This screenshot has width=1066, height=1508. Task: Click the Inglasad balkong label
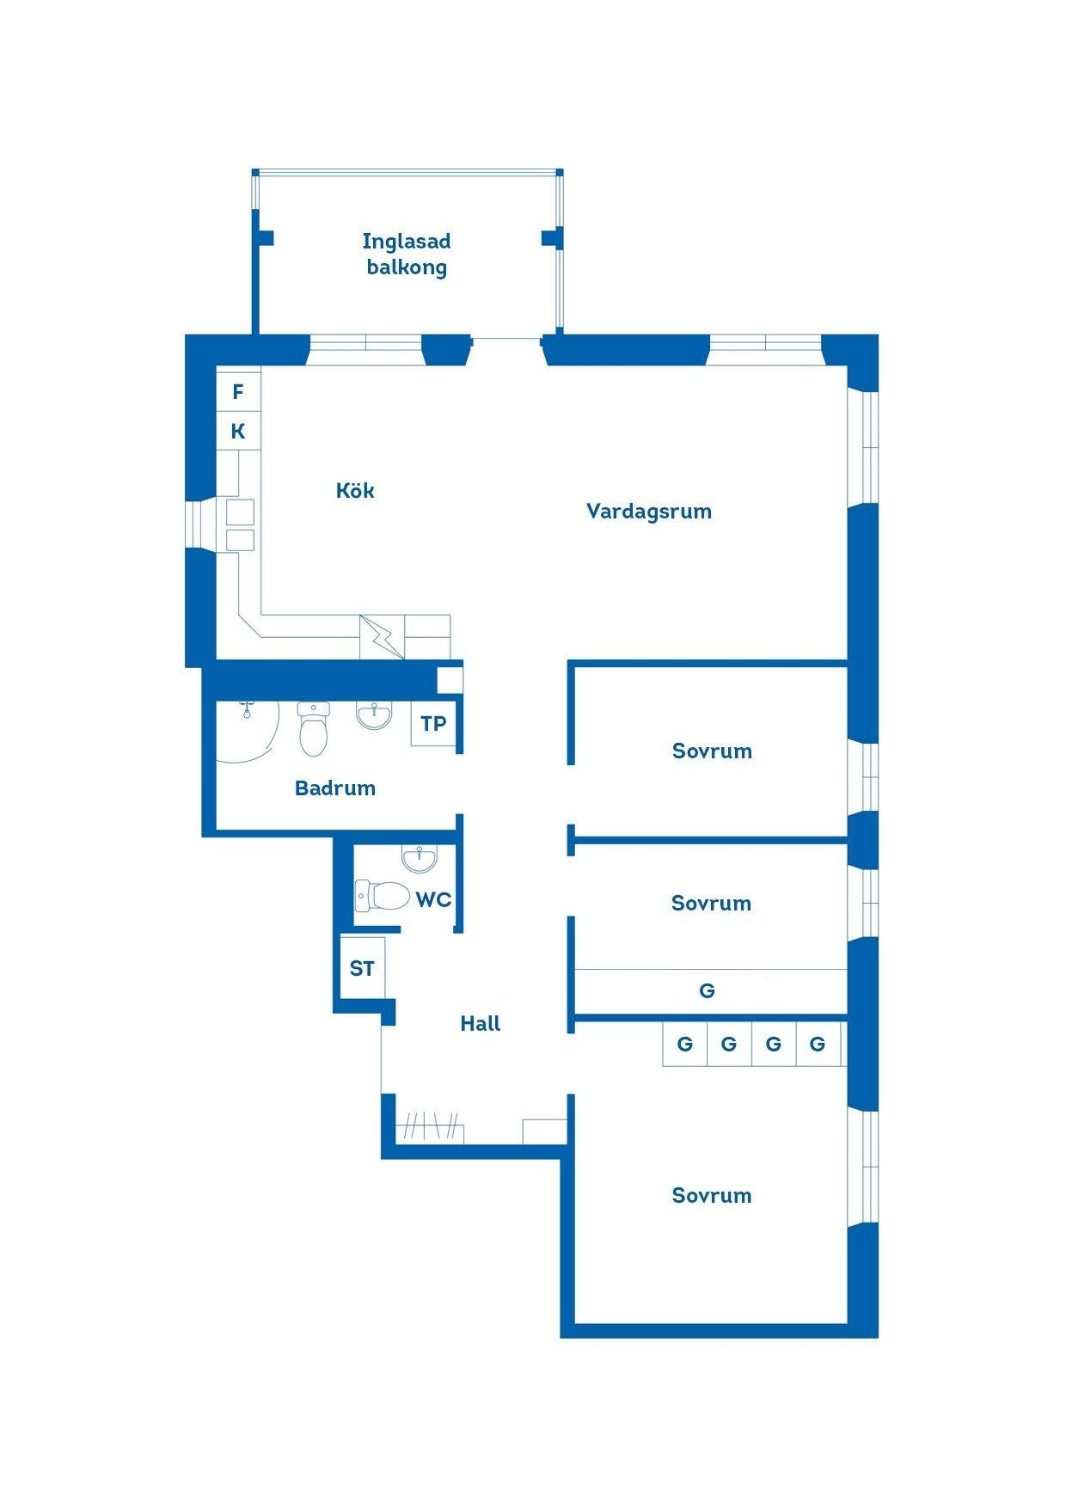[x=407, y=254]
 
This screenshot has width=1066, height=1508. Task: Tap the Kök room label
[x=355, y=490]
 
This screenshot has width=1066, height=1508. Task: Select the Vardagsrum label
[x=649, y=512]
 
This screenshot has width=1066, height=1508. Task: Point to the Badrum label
[x=335, y=788]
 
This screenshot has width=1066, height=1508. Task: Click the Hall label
[x=481, y=1023]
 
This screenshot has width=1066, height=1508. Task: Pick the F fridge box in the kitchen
[x=238, y=391]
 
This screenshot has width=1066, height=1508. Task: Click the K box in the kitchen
[x=238, y=431]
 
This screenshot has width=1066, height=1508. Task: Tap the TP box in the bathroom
[x=433, y=724]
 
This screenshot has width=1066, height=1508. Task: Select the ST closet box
[x=362, y=968]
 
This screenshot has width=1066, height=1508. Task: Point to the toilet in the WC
[x=383, y=895]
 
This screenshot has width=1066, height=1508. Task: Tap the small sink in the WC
[x=419, y=857]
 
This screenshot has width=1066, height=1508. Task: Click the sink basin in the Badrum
[x=374, y=714]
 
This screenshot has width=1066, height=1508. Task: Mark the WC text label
[x=433, y=899]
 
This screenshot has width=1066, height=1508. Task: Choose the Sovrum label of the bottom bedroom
[x=712, y=1195]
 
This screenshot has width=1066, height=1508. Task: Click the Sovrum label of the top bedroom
[x=712, y=751]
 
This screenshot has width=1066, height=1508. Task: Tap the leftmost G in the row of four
[x=684, y=1044]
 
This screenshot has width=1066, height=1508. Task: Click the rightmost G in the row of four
[x=818, y=1044]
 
